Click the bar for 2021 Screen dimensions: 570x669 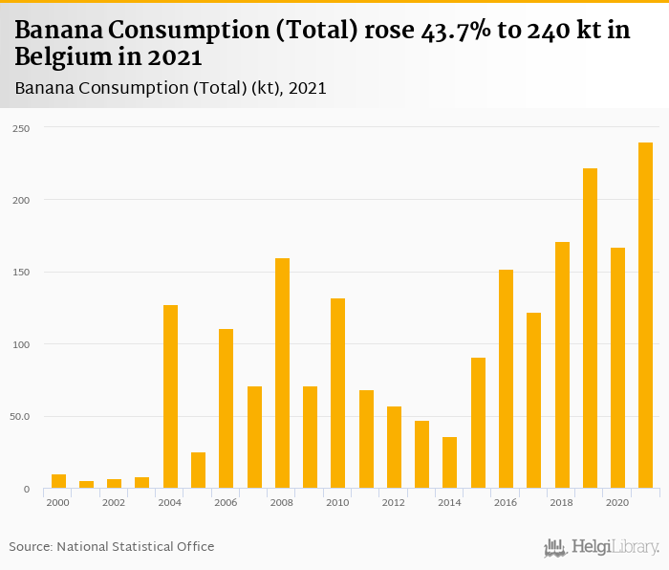coord(645,316)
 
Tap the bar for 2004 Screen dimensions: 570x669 coord(170,397)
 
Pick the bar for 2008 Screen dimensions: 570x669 coord(282,373)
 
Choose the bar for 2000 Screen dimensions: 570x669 coord(58,481)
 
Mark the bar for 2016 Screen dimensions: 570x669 coord(506,379)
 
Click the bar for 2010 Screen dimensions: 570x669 coord(337,393)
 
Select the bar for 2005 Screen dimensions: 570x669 coord(198,471)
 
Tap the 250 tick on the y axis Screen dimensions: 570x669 coord(21,127)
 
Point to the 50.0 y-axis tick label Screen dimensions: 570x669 coord(20,416)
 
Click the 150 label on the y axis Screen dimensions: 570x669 coord(21,272)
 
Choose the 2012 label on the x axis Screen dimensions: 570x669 coord(394,502)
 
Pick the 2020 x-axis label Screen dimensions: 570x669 coord(617,502)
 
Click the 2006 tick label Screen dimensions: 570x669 coord(226,502)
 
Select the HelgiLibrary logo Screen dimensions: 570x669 coord(601,548)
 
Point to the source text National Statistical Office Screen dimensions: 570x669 coord(136,546)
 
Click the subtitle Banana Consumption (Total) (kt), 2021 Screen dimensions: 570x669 coord(171,89)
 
